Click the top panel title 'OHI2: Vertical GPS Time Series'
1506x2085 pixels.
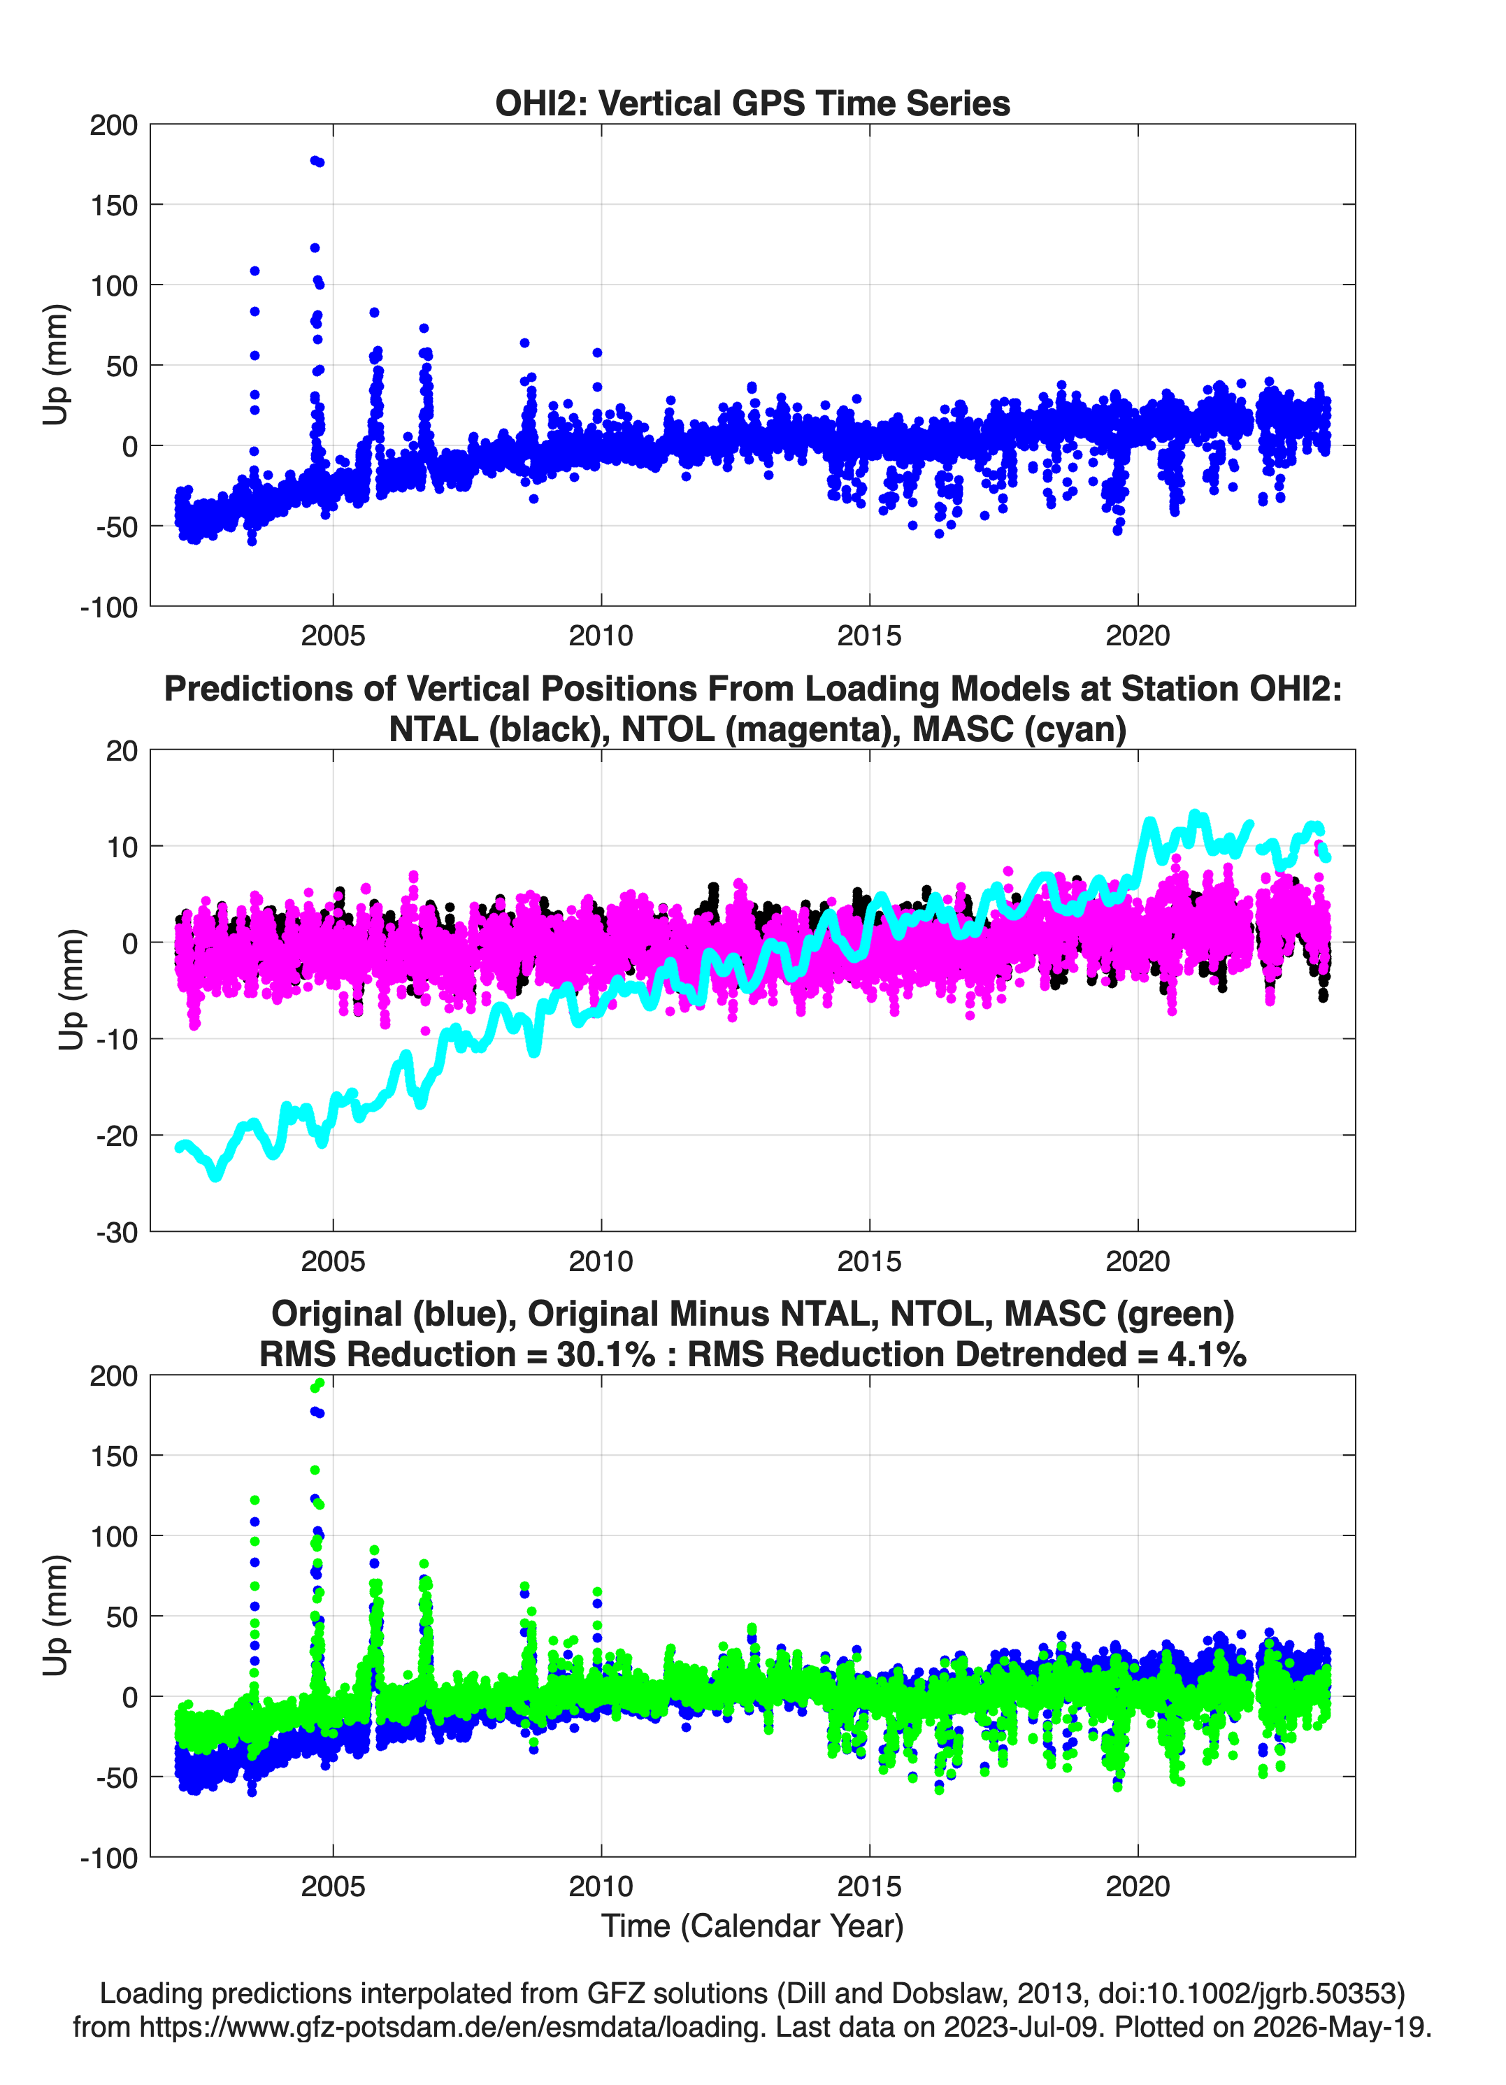pos(752,103)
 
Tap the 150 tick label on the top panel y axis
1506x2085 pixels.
pos(114,205)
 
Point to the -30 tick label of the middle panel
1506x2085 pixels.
pos(117,1232)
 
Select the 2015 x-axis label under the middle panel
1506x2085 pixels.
pos(869,1261)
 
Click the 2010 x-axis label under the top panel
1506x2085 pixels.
pos(601,636)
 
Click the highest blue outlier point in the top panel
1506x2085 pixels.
pos(315,160)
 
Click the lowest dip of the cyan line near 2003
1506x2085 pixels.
pos(216,1176)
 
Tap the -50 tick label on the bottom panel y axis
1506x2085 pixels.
pos(117,1777)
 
